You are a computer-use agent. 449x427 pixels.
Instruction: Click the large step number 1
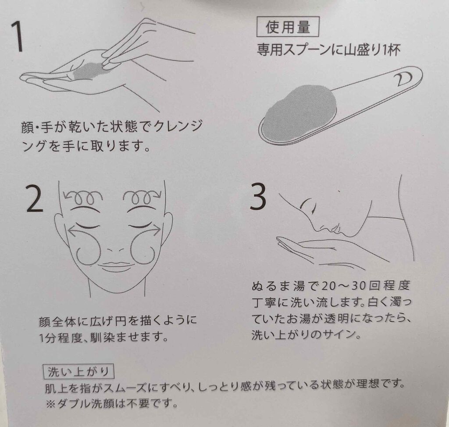[x=18, y=37]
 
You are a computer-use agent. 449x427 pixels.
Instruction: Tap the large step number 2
[x=34, y=198]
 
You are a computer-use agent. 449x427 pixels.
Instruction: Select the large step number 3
[x=258, y=196]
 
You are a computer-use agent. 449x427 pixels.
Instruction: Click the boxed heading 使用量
[x=288, y=27]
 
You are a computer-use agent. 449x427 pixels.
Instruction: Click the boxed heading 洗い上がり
[x=78, y=371]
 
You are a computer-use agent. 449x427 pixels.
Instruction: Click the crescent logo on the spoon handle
[x=403, y=79]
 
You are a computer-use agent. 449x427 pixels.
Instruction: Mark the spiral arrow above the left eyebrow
[x=83, y=196]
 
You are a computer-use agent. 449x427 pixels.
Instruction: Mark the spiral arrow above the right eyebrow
[x=142, y=196]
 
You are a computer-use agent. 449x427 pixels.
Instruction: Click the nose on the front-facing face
[x=114, y=249]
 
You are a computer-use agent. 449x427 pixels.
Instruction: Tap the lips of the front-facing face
[x=116, y=266]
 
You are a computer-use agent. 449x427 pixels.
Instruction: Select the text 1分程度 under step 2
[x=61, y=338]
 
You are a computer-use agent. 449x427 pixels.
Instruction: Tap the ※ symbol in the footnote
[x=50, y=403]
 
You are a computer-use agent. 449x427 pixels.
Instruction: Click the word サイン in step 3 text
[x=338, y=335]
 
